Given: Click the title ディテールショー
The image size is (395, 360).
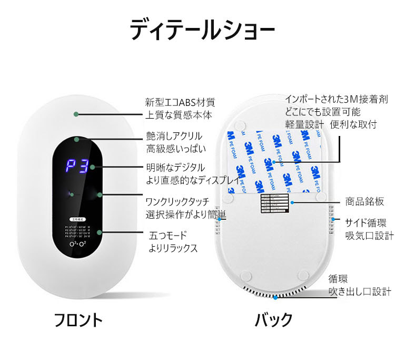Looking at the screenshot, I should [x=202, y=30].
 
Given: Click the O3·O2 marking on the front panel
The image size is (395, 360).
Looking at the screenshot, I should [x=77, y=245].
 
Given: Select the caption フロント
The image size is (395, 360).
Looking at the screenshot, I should [x=78, y=320].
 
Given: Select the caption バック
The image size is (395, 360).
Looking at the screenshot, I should [x=273, y=320].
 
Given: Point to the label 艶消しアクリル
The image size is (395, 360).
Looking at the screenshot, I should [x=173, y=137].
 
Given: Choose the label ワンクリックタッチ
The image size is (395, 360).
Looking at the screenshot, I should [x=177, y=201].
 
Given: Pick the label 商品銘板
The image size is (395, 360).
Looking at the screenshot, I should [x=364, y=201].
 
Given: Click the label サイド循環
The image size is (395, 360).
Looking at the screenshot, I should [x=366, y=221].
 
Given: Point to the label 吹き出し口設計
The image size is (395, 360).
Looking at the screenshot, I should [x=360, y=291].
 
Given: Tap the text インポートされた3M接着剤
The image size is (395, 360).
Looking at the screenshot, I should [x=337, y=99].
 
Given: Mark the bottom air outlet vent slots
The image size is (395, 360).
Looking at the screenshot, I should [x=274, y=291].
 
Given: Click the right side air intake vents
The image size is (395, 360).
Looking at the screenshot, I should [x=333, y=221].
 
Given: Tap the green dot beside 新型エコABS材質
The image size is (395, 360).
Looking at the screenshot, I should [x=77, y=113].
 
